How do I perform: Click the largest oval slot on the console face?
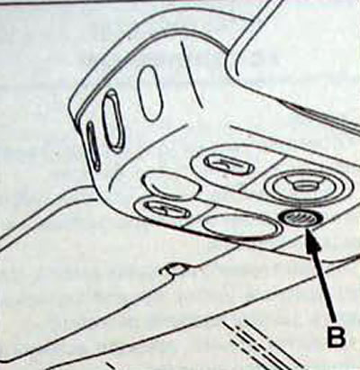click(x=150, y=92)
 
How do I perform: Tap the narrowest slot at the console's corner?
click(x=94, y=147)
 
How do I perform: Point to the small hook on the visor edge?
click(x=174, y=268)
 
